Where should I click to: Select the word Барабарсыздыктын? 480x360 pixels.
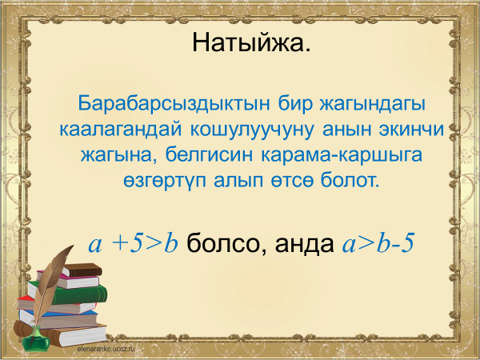(174, 103)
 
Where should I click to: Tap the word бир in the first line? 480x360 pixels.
(295, 103)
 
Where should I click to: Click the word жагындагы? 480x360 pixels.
(373, 103)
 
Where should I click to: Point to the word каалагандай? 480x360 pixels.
(121, 130)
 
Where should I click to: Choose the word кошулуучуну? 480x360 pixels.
(252, 130)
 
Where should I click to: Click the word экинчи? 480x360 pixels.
(411, 129)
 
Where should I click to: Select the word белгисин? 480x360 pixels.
(209, 154)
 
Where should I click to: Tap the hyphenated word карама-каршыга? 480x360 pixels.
(342, 155)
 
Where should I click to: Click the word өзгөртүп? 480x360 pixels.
(165, 181)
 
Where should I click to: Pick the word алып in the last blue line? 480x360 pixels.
(238, 181)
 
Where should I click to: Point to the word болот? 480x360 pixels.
(350, 180)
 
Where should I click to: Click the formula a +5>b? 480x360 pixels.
(134, 243)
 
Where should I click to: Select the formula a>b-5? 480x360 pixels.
(378, 243)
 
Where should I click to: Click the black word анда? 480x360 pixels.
(304, 244)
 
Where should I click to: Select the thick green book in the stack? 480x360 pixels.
(69, 294)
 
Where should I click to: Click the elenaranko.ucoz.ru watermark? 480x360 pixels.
(106, 349)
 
